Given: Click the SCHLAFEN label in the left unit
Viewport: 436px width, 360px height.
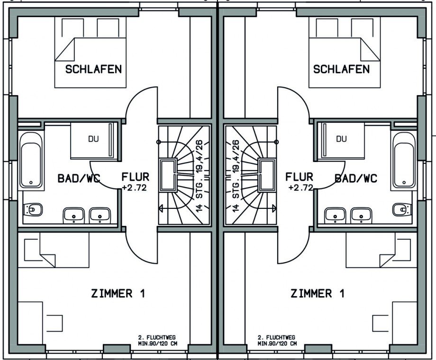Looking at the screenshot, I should (93, 69).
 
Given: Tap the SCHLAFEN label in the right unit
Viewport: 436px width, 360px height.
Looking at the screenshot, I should (341, 70).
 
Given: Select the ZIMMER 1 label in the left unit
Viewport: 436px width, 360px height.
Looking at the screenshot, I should (118, 294).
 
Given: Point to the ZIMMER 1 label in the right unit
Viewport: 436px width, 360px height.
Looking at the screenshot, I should (318, 294).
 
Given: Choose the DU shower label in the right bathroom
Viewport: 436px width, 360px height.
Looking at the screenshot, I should (341, 139).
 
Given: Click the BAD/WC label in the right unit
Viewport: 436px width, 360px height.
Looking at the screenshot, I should (356, 179).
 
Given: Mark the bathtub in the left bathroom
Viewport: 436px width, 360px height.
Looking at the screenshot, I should (31, 158).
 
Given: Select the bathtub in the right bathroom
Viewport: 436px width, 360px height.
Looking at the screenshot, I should (404, 158).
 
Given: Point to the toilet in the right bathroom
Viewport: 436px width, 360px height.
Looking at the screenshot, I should (401, 209).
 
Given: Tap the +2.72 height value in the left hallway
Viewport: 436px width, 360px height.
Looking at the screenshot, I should (135, 188).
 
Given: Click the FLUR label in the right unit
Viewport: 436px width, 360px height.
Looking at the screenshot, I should (300, 177).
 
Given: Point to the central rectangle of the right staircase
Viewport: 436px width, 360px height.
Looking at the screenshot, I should (267, 175).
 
